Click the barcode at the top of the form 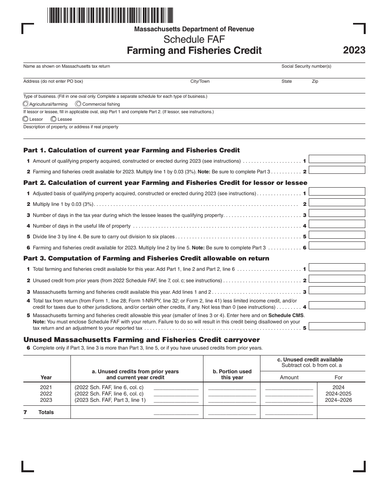pyautogui.click(x=110, y=15)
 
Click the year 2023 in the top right pyautogui.click(x=354, y=51)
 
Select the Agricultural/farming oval pyautogui.click(x=26, y=104)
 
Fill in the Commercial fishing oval pyautogui.click(x=78, y=104)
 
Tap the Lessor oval pyautogui.click(x=26, y=119)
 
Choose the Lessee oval pyautogui.click(x=54, y=119)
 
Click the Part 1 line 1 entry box pyautogui.click(x=336, y=159)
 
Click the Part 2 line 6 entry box pyautogui.click(x=336, y=245)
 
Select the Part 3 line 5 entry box pyautogui.click(x=336, y=327)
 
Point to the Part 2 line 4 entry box pyautogui.click(x=336, y=224)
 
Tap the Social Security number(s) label pyautogui.click(x=306, y=67)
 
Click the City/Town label pyautogui.click(x=200, y=82)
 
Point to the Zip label pyautogui.click(x=315, y=82)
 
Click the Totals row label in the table pyautogui.click(x=46, y=412)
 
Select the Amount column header pyautogui.click(x=289, y=378)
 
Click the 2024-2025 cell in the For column pyautogui.click(x=338, y=394)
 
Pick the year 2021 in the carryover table pyautogui.click(x=46, y=388)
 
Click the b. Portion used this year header pyautogui.click(x=232, y=374)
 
